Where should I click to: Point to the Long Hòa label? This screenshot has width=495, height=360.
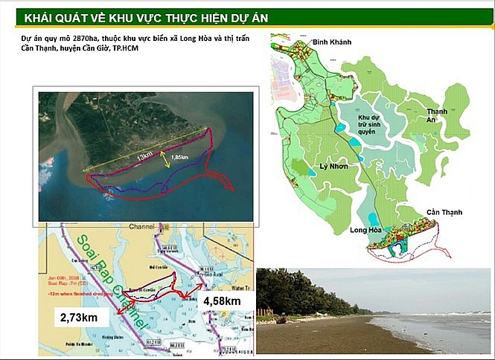[x=364, y=231]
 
